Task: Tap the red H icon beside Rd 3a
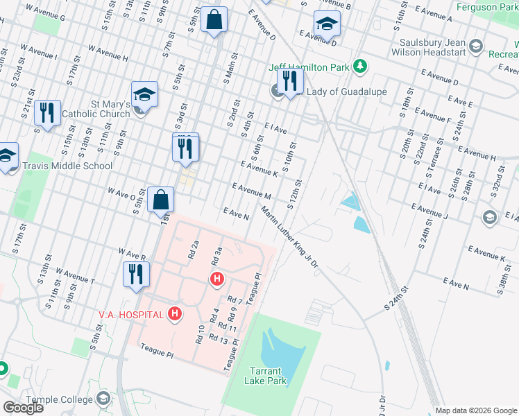(217, 279)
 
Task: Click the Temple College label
(59, 399)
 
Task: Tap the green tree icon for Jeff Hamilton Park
(359, 67)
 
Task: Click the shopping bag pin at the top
(215, 20)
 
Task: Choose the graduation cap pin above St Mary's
(144, 94)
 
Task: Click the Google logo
(23, 408)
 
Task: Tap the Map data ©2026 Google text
(476, 410)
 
